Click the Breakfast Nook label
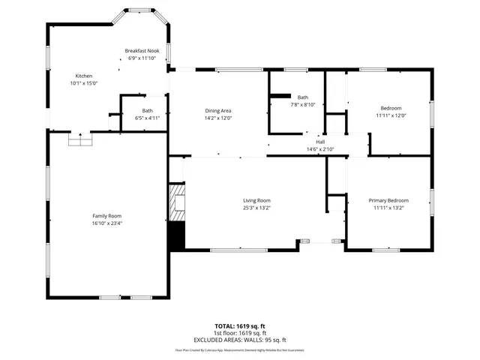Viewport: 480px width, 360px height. click(142, 51)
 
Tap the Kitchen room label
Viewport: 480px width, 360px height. click(83, 76)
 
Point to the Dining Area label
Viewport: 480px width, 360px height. click(218, 111)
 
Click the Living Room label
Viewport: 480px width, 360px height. click(256, 200)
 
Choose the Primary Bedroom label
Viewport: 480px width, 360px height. click(388, 200)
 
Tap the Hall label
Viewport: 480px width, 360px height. click(320, 142)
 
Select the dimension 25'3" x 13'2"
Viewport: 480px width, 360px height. click(256, 208)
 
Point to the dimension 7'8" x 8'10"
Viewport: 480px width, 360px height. click(302, 104)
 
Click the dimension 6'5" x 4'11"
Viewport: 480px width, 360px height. click(147, 118)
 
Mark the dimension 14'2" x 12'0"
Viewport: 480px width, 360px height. click(218, 118)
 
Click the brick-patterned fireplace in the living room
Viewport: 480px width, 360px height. click(176, 203)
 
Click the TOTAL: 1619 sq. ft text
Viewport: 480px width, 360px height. click(240, 325)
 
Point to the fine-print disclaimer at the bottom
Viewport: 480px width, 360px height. click(240, 349)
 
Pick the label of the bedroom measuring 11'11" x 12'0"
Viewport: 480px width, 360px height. click(390, 108)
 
